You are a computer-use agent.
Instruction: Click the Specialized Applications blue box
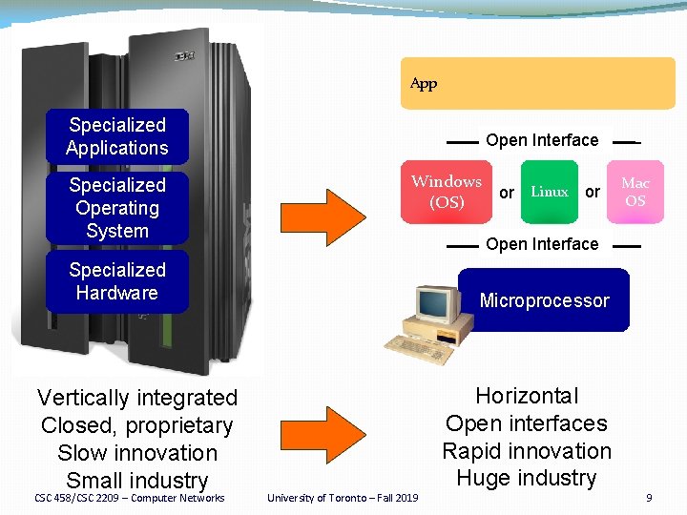click(x=116, y=136)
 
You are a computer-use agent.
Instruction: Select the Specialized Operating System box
click(x=116, y=208)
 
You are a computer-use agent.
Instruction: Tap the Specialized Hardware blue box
click(x=116, y=281)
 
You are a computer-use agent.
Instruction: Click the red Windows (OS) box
click(x=447, y=192)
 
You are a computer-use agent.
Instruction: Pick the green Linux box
click(x=550, y=192)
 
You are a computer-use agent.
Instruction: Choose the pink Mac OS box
click(x=635, y=192)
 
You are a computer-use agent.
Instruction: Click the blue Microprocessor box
click(x=544, y=300)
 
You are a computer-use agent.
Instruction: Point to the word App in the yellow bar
click(x=424, y=84)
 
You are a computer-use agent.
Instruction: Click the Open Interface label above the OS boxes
click(x=542, y=140)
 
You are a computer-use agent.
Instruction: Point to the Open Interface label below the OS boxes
click(x=542, y=244)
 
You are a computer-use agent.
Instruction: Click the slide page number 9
click(x=649, y=498)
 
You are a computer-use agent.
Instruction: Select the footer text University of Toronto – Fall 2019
click(x=343, y=498)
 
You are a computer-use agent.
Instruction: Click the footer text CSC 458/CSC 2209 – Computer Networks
click(x=130, y=498)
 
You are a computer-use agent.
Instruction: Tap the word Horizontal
click(x=527, y=396)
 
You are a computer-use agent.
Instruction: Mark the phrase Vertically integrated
click(x=136, y=398)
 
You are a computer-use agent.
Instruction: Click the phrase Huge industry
click(x=527, y=478)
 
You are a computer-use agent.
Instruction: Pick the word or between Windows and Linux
click(x=507, y=193)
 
